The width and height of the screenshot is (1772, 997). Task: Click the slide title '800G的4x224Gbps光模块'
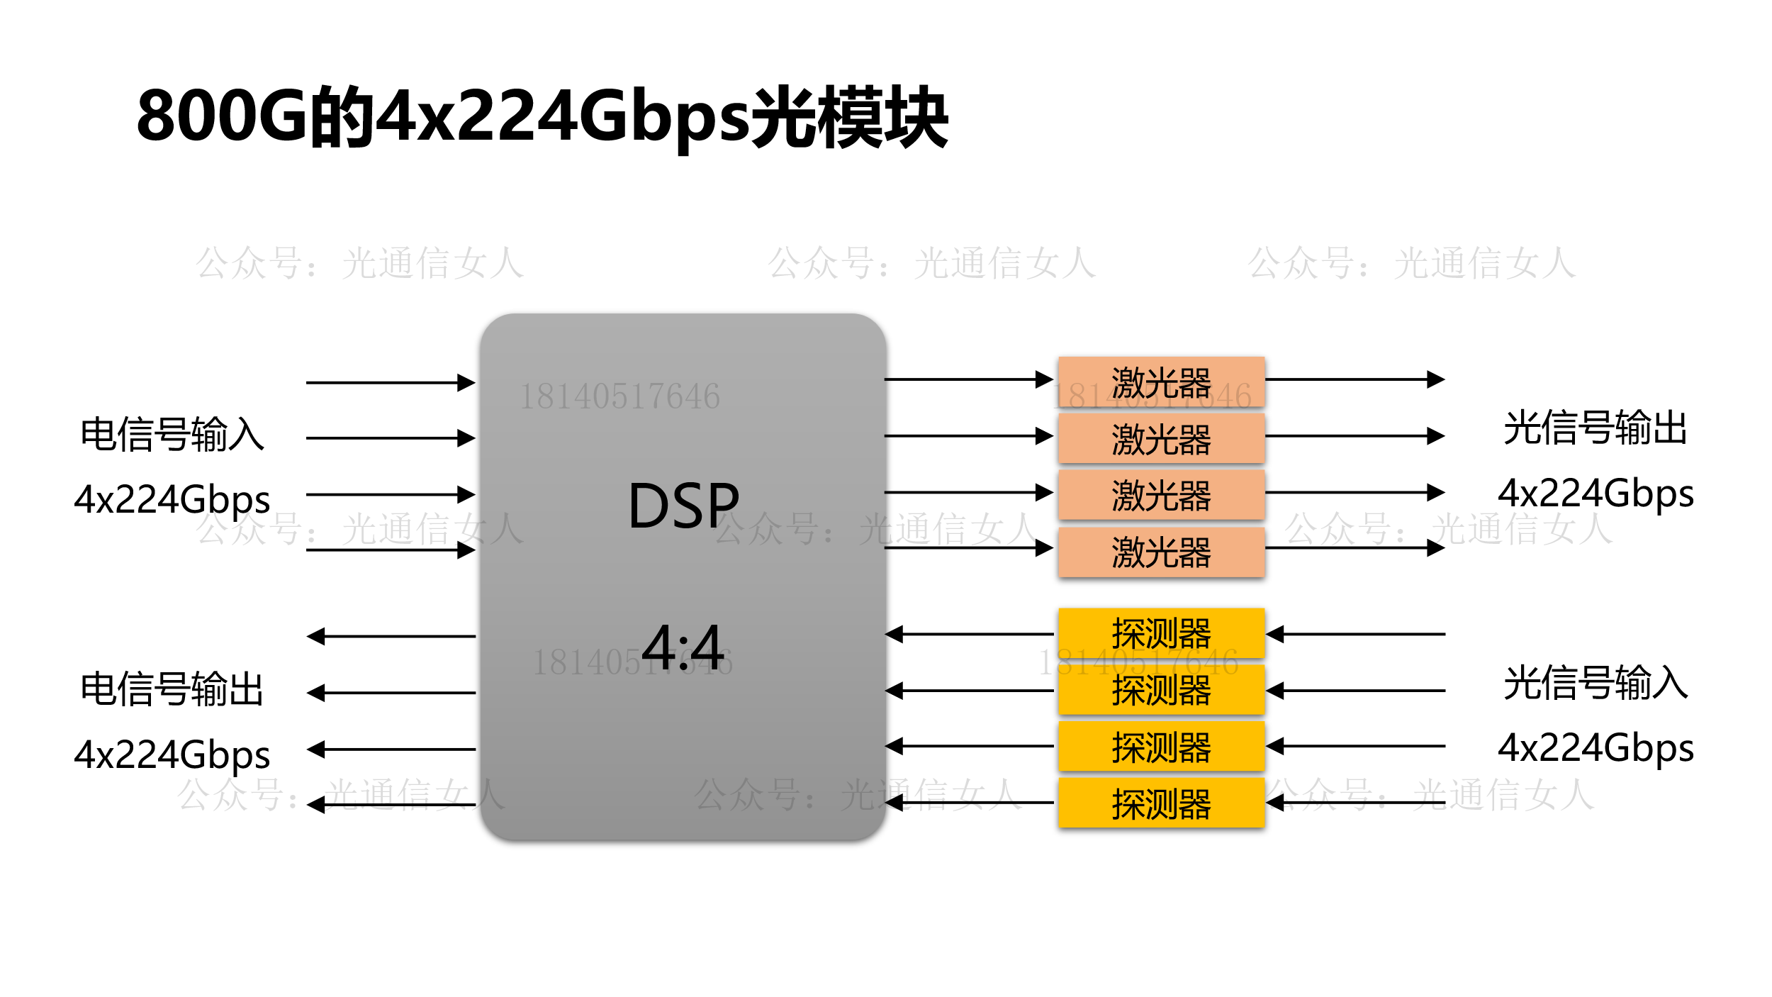[x=542, y=117]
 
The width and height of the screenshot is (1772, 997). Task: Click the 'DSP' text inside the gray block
[x=683, y=506]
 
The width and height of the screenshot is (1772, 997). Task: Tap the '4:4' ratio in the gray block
[x=683, y=647]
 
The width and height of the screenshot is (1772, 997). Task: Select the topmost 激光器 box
[x=1161, y=382]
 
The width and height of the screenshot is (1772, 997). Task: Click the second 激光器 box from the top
[x=1161, y=438]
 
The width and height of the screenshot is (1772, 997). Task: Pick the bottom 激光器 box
[x=1161, y=552]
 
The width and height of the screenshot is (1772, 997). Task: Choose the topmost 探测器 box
[x=1161, y=633]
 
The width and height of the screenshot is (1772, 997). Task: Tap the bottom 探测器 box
[x=1161, y=803]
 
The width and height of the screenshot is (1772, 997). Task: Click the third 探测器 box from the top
[x=1161, y=747]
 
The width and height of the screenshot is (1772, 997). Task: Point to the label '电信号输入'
[x=172, y=434]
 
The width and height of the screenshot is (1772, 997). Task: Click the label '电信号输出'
[x=172, y=689]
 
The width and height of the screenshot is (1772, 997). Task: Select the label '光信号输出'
[x=1595, y=428]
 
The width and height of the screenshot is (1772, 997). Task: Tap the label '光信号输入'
[x=1595, y=683]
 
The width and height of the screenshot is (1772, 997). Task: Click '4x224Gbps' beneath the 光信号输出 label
[x=1595, y=494]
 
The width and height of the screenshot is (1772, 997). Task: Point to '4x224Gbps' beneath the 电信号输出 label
[x=172, y=754]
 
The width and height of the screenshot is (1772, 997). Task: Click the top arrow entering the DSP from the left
[x=390, y=383]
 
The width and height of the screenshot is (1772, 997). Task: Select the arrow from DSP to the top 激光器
[x=968, y=379]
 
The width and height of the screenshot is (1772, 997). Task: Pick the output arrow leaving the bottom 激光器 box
[x=1354, y=548]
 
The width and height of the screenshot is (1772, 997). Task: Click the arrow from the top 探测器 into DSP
[x=968, y=634]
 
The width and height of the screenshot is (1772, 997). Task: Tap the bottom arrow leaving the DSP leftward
[x=390, y=805]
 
